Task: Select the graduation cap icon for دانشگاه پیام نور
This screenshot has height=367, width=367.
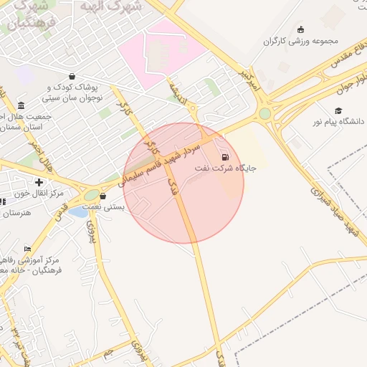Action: point(338,111)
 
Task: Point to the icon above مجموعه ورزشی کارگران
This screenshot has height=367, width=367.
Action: point(300,29)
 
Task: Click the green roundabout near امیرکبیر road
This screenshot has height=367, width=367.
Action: point(265,113)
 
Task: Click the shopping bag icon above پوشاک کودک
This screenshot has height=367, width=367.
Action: point(72,76)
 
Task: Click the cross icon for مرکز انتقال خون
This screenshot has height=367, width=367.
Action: point(39,183)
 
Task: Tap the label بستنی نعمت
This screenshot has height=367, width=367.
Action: point(105,206)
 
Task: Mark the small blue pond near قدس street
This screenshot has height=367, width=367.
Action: point(78,211)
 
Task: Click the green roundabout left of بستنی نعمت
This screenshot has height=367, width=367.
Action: point(91,194)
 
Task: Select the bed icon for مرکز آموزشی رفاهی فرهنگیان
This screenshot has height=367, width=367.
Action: point(27,249)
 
